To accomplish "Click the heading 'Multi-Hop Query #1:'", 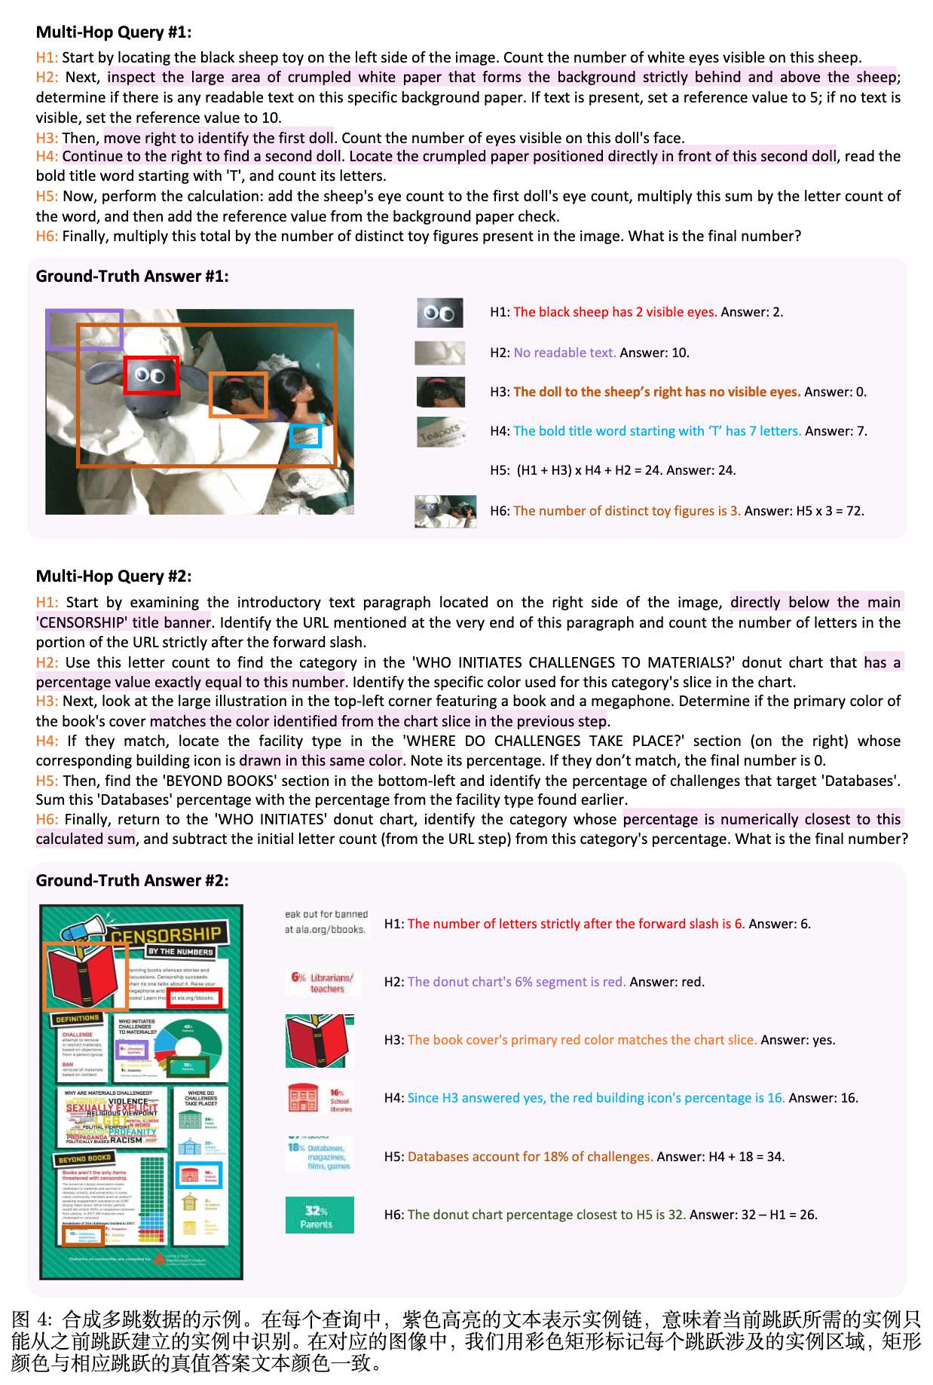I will [x=114, y=32].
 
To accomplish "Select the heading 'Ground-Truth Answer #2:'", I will [x=132, y=880].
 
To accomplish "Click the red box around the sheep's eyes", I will [x=151, y=375].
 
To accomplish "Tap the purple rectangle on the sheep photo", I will [x=84, y=329].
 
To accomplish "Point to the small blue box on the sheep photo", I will [x=306, y=436].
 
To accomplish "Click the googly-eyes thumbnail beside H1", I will [x=439, y=313].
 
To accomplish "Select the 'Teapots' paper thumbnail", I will [x=441, y=432].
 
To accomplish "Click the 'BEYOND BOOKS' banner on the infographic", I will [x=84, y=1158].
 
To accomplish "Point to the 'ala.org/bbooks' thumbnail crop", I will [x=326, y=922].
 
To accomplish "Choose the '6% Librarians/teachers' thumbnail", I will [x=322, y=982].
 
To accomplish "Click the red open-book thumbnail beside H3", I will [x=319, y=1041].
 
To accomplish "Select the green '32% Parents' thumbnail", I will [x=319, y=1215].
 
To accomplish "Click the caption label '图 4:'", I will [x=32, y=1319].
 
